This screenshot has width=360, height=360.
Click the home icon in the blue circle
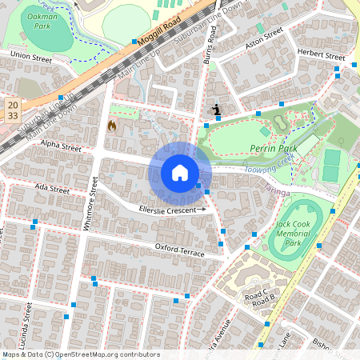tap(180, 172)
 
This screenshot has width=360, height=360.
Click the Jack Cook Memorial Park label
tap(297, 234)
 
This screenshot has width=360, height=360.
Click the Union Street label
tap(30, 57)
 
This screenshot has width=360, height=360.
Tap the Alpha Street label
tap(62, 147)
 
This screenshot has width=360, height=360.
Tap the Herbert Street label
tap(321, 55)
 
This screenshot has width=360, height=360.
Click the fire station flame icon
tap(112, 126)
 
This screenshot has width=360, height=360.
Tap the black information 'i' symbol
tap(216, 110)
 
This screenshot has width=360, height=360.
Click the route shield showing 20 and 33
tap(12, 110)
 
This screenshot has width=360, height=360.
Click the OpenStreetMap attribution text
tap(81, 354)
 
